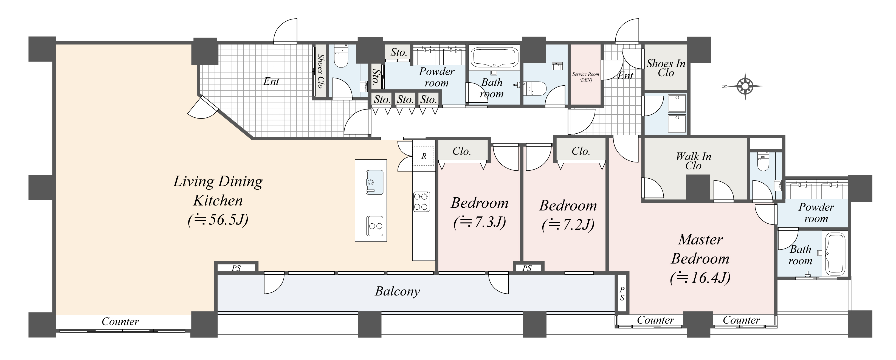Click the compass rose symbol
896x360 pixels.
[745, 86]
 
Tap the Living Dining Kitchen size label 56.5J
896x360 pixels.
[218, 220]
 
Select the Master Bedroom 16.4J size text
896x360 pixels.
[700, 278]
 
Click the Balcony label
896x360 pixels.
[397, 291]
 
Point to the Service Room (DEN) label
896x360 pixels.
[586, 77]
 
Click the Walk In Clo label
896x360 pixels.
[694, 161]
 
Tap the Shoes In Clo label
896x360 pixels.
[666, 68]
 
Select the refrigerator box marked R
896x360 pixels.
[424, 156]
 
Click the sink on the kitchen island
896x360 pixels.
[374, 182]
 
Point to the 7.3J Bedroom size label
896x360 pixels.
[480, 222]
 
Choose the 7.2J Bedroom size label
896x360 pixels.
[568, 225]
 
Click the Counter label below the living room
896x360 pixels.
[120, 321]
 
